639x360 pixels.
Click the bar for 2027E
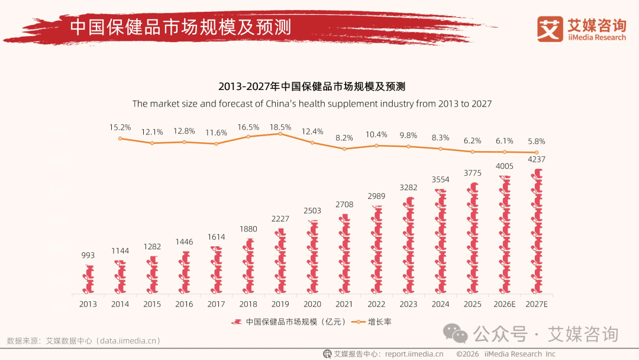(537, 232)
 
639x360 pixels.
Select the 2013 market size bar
(88, 279)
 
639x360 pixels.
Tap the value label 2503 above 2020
(312, 211)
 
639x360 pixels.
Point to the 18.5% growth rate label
(280, 127)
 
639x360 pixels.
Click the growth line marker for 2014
(120, 139)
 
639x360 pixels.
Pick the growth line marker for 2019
(280, 134)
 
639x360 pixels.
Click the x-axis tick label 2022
(376, 304)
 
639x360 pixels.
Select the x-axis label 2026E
(505, 304)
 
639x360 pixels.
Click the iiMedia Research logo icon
(550, 29)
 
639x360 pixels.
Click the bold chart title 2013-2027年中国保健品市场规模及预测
(312, 86)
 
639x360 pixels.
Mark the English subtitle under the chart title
(312, 104)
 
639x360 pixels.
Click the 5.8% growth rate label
(537, 142)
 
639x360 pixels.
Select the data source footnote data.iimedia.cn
(83, 341)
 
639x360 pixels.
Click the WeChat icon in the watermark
(456, 334)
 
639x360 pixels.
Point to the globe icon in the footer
(327, 354)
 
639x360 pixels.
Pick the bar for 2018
(248, 266)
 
